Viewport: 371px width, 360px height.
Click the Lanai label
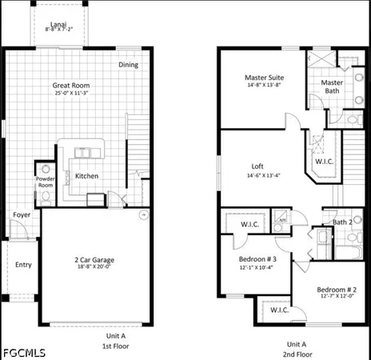coord(58,25)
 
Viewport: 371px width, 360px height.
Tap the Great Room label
coord(70,85)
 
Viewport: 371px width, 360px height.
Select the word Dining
coord(128,65)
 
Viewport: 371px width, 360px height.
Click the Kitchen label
coord(86,176)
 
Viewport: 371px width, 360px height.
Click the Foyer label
coord(20,214)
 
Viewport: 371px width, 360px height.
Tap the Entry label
coord(22,265)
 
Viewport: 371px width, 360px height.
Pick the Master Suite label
coord(264,78)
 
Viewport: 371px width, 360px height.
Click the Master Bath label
coord(332,86)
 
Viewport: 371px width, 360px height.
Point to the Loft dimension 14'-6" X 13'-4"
coord(263,175)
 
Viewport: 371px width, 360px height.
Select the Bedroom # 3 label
coord(257,259)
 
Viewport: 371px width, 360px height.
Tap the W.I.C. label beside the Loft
coord(324,161)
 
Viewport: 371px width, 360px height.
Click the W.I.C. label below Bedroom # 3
coord(279,310)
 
